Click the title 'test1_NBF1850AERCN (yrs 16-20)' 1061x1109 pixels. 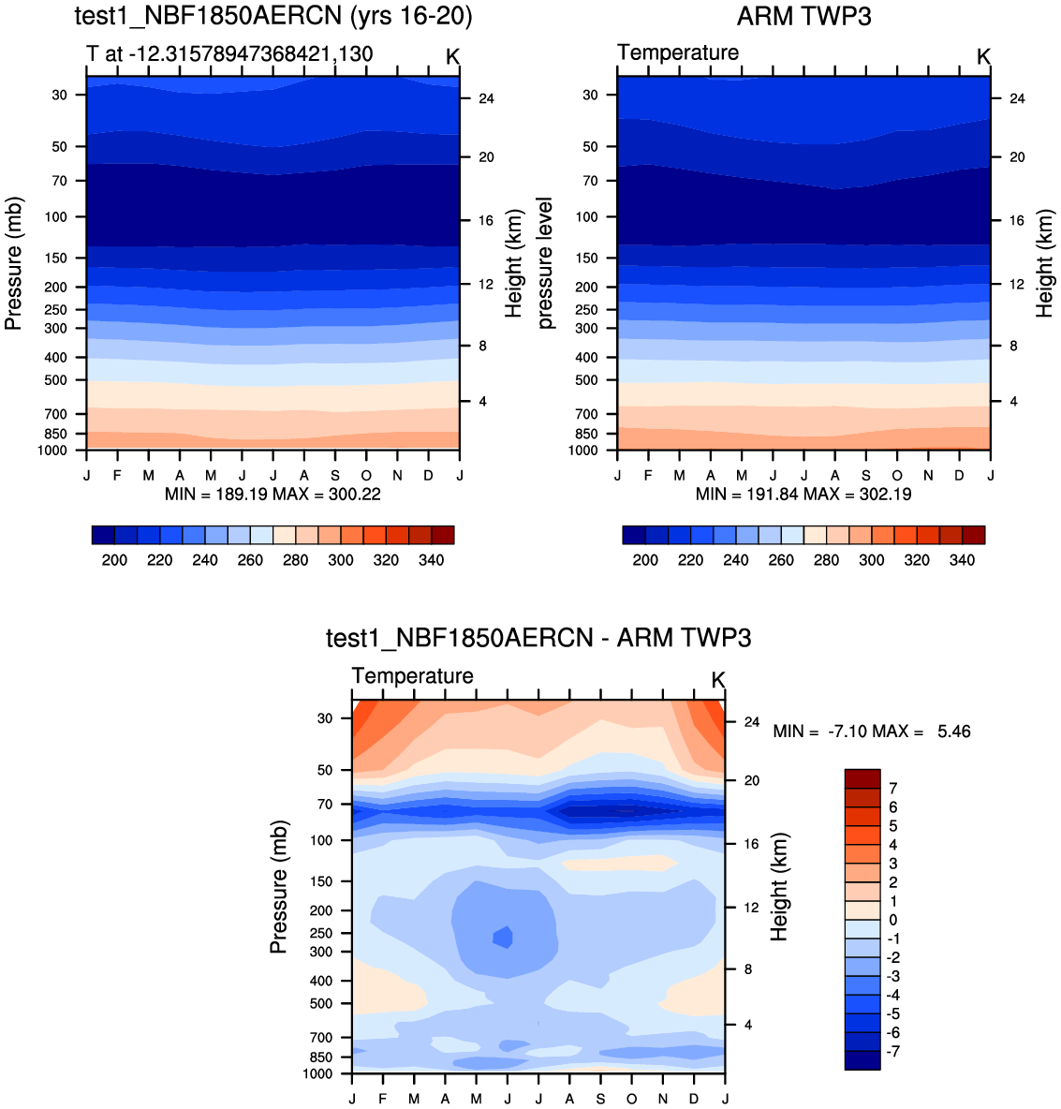[x=273, y=16]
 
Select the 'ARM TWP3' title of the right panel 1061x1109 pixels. [x=803, y=16]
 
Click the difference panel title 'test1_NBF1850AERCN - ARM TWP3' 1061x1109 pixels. [x=538, y=638]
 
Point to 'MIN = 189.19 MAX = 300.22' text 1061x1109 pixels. [x=273, y=494]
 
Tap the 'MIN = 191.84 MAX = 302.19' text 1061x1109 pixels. [x=803, y=494]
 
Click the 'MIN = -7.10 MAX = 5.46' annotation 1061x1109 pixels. [x=872, y=731]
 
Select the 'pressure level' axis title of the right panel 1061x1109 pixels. [x=546, y=263]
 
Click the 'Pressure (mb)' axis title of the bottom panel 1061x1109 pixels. [x=278, y=886]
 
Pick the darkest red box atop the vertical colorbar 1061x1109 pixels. [x=862, y=779]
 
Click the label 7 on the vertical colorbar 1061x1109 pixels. [x=892, y=789]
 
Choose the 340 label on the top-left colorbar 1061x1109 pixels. [x=431, y=560]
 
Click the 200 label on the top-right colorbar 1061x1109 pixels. [x=645, y=560]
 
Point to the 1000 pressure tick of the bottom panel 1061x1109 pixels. [x=318, y=1073]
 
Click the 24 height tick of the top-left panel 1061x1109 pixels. [x=486, y=98]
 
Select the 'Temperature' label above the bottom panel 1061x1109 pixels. [x=412, y=676]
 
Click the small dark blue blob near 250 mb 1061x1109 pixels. [x=504, y=937]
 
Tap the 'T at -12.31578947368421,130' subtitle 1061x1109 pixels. [x=229, y=53]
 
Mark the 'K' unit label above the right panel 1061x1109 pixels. [x=983, y=57]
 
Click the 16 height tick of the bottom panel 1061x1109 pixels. [x=751, y=844]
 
